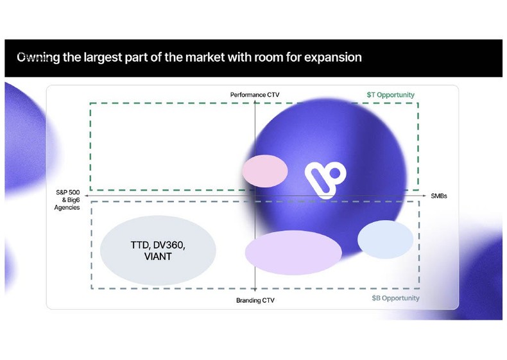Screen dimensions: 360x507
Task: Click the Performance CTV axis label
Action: [255, 95]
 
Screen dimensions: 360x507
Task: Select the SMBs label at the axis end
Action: [439, 195]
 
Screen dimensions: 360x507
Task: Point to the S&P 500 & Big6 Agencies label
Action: [67, 200]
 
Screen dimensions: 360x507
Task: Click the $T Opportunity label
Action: [386, 95]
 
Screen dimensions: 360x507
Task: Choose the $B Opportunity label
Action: [395, 298]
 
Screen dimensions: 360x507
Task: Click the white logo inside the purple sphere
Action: [325, 178]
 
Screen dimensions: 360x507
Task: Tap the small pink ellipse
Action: [264, 170]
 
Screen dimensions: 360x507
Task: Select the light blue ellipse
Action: [385, 239]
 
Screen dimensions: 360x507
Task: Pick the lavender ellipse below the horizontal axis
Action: [293, 252]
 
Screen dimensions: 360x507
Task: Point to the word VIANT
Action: [158, 257]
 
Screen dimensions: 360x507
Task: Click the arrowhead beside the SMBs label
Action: [425, 195]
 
